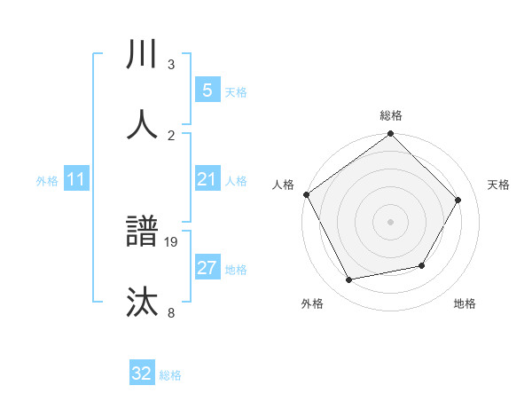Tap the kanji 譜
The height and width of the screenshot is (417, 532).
(142, 232)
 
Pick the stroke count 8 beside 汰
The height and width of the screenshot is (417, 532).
(171, 311)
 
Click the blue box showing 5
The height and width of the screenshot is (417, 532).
(207, 90)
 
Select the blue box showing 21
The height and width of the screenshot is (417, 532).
(207, 180)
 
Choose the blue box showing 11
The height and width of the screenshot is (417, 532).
(76, 180)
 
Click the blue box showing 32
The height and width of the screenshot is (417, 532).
(142, 374)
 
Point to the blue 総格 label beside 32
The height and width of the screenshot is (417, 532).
(170, 375)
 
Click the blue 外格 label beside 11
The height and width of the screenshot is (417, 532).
(47, 181)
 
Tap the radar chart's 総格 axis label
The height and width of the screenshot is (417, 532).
(391, 115)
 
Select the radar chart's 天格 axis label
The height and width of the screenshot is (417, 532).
(499, 185)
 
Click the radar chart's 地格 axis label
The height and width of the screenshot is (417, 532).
(465, 303)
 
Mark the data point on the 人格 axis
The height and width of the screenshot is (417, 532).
(306, 194)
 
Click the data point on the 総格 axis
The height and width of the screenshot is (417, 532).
(391, 134)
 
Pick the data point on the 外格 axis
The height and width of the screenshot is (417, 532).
(348, 280)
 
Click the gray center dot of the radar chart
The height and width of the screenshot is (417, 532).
(391, 221)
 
